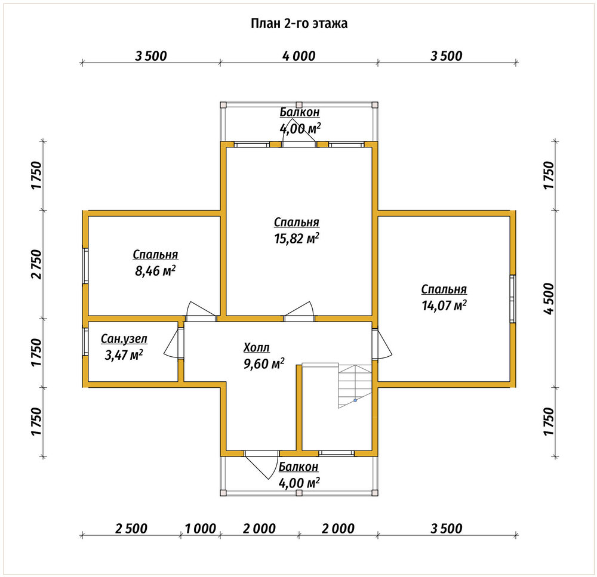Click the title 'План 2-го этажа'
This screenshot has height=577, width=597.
pos(299,24)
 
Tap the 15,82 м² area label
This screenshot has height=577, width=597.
pos(297,238)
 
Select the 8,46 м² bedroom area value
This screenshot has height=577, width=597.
pos(155,271)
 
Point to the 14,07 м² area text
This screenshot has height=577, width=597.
pos(444,306)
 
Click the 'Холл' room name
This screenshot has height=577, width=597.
pos(256,347)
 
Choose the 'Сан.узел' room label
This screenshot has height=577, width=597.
pos(124,339)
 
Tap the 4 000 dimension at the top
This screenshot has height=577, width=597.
pos(299,56)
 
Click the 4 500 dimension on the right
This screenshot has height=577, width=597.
pos(549,299)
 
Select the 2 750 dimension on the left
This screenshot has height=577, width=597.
pos(36,264)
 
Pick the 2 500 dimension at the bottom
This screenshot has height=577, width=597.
pos(131,529)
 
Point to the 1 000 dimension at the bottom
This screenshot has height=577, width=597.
pos(200,529)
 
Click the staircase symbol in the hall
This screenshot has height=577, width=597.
pos(355,386)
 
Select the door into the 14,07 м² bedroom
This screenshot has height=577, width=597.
pos(382,344)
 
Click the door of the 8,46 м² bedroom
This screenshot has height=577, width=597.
pos(201,311)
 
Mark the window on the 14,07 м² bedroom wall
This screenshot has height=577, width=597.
pos(512,299)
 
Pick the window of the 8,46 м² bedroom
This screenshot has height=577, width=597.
pos(85,266)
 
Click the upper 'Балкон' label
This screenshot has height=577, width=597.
pos(299,112)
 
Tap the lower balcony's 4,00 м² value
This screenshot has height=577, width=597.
pos(299,483)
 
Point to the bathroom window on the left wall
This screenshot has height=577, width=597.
pos(85,342)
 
